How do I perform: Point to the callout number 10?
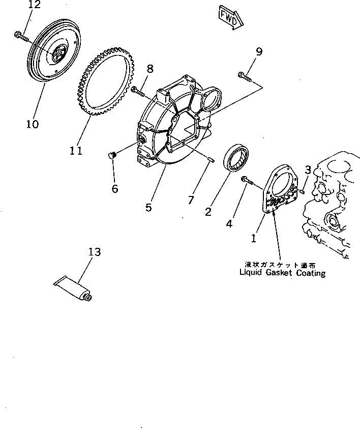click(x=32, y=124)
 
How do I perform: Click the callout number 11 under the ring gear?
click(x=76, y=151)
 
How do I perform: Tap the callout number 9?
click(x=259, y=51)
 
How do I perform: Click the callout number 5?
click(x=148, y=208)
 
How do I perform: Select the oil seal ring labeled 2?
click(x=236, y=158)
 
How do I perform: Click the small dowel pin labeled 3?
click(x=302, y=191)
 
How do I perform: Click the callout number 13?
click(x=94, y=252)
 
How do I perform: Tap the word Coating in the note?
click(x=310, y=273)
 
